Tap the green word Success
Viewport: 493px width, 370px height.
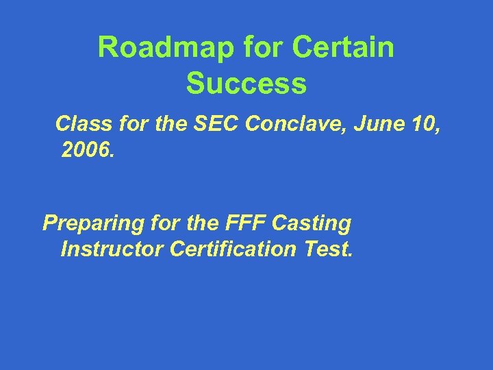pyautogui.click(x=246, y=84)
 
